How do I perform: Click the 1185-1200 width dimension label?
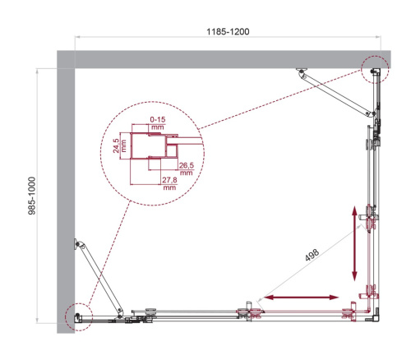pos(228,31)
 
